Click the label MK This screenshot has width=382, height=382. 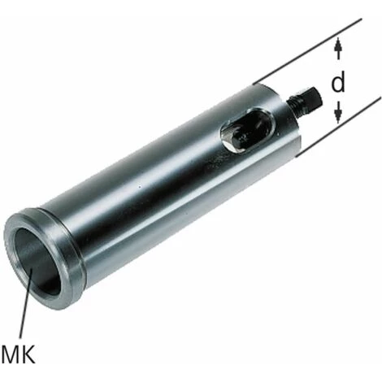click(18, 354)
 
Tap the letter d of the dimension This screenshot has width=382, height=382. click(338, 81)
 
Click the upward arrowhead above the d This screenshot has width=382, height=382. click(338, 45)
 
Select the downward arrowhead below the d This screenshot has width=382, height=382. click(337, 113)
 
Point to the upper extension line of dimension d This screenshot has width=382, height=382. click(307, 51)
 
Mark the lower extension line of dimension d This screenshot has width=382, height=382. click(338, 127)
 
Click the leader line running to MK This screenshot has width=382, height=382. click(25, 302)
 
